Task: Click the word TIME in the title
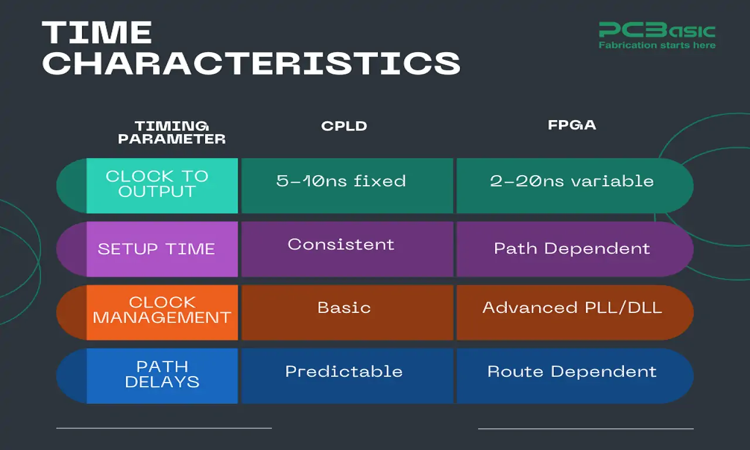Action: (97, 33)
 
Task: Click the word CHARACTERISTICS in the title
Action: (251, 63)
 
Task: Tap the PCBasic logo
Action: (657, 30)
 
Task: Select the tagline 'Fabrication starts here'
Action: (657, 45)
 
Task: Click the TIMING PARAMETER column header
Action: (172, 133)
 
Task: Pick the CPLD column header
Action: (344, 127)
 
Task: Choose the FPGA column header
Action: (572, 125)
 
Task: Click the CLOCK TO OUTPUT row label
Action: (157, 184)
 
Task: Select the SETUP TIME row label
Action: (156, 249)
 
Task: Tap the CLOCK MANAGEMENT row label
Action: (162, 311)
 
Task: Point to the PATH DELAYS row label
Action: (162, 374)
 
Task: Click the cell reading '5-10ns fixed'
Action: (341, 181)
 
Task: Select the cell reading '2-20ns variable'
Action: (572, 181)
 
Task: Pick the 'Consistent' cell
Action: (341, 245)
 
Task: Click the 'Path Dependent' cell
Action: (572, 248)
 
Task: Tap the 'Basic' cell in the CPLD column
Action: (344, 308)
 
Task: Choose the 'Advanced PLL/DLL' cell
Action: (572, 308)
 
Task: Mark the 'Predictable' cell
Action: (344, 371)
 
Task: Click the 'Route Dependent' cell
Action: (572, 371)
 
